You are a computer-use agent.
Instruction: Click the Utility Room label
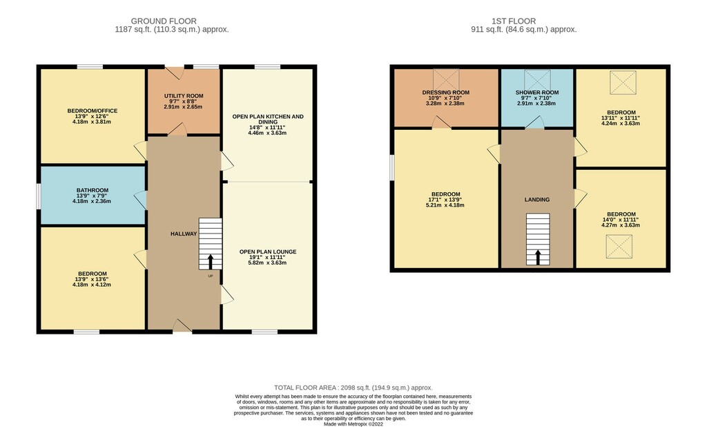coord(184,96)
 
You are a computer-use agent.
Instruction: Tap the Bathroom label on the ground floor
coord(93,191)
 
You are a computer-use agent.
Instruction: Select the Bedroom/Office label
coord(93,111)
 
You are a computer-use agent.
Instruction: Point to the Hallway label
coord(184,234)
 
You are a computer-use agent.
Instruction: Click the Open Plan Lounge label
coord(268,252)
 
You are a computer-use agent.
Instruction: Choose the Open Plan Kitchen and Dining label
coord(268,119)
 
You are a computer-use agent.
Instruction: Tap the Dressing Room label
coord(445,93)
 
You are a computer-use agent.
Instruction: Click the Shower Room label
coord(537,93)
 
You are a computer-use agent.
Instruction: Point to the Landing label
coord(537,200)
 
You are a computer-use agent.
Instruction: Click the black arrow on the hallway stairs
coord(210,262)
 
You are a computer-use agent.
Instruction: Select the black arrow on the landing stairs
coord(537,258)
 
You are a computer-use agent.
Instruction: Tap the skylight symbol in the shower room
coord(537,80)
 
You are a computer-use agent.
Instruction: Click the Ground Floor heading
coord(164,21)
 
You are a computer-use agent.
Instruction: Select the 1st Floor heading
coord(514,21)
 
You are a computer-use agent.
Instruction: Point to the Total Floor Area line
coord(353,388)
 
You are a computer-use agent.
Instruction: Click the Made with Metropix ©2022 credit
coord(353,424)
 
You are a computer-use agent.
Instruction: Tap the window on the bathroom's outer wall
coord(39,196)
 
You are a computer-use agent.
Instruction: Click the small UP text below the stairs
coord(210,276)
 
